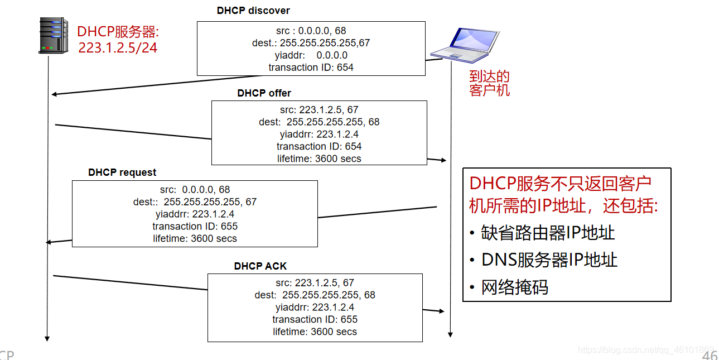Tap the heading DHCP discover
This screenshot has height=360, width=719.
click(253, 11)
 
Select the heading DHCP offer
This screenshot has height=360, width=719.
click(264, 93)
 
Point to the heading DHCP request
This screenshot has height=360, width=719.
click(122, 172)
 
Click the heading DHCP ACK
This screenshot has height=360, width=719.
click(260, 266)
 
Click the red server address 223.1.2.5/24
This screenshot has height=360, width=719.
click(118, 48)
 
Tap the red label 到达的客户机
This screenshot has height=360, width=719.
click(490, 83)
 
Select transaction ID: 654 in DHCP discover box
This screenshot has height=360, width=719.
click(311, 68)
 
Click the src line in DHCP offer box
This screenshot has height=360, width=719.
click(319, 110)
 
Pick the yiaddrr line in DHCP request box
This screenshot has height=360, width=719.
click(195, 214)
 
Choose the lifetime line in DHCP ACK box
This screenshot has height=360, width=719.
click(315, 332)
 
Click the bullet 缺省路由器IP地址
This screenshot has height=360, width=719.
click(548, 233)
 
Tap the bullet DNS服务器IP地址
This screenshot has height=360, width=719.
click(549, 260)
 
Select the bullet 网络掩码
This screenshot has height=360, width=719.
click(515, 287)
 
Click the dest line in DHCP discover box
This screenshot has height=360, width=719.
click(311, 43)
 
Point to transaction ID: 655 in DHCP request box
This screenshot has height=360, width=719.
click(195, 226)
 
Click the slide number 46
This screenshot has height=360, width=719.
click(710, 356)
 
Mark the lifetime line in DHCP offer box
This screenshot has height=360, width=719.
click(319, 159)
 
